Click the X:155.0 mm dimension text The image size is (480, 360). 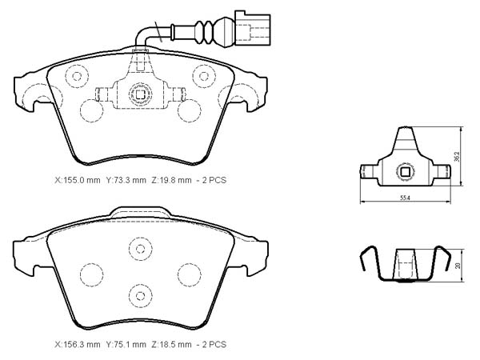pos(78,180)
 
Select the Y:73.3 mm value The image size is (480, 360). pos(126,180)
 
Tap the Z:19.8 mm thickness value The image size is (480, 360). pos(171,180)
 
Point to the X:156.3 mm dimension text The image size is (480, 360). pos(78,344)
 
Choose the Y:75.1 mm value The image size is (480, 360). pos(126,344)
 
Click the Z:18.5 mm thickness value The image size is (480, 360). pos(171,344)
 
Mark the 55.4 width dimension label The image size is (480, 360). pos(405,198)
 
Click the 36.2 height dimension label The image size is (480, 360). pos(457,157)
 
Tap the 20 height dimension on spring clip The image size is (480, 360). pos(458,265)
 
